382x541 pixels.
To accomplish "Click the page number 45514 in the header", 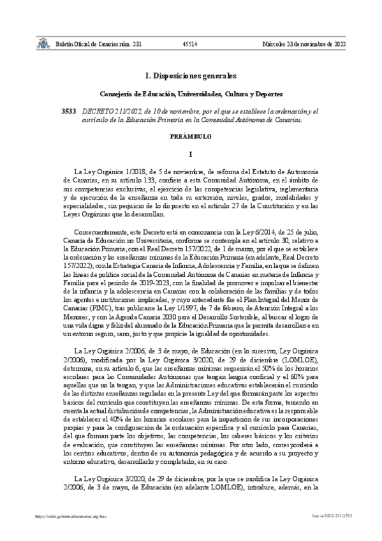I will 189,44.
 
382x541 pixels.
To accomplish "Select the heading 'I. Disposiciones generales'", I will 191,75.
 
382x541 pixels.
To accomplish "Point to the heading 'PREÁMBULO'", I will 191,137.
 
